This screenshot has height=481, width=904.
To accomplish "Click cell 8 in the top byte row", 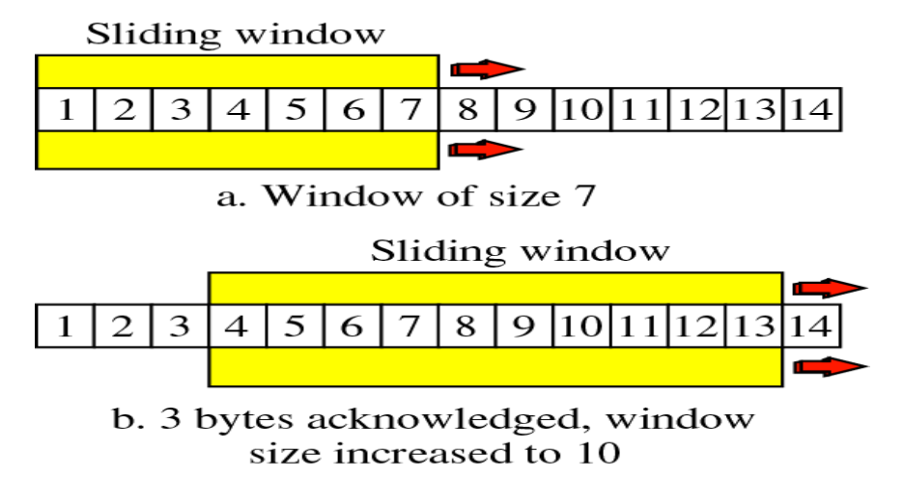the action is pyautogui.click(x=467, y=109).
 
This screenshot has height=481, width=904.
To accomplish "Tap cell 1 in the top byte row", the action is pyautogui.click(x=66, y=109).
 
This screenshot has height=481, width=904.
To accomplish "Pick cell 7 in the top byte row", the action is pyautogui.click(x=410, y=109).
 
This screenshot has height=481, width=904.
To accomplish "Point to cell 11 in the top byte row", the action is pyautogui.click(x=639, y=109).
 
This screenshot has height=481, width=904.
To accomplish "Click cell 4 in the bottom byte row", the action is pyautogui.click(x=238, y=325).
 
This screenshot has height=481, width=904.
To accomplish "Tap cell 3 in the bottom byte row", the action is pyautogui.click(x=181, y=325).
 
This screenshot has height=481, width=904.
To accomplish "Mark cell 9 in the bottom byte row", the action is pyautogui.click(x=524, y=325).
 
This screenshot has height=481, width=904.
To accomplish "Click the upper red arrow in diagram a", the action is pyautogui.click(x=486, y=69).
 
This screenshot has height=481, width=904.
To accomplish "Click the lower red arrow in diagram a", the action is pyautogui.click(x=486, y=149).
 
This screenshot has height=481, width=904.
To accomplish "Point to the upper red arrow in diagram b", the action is pyautogui.click(x=829, y=287).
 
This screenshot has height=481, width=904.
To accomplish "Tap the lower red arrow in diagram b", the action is pyautogui.click(x=829, y=365).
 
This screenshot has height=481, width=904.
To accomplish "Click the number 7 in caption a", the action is pyautogui.click(x=576, y=196).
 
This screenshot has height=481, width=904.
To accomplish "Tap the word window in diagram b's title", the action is pyautogui.click(x=602, y=251).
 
